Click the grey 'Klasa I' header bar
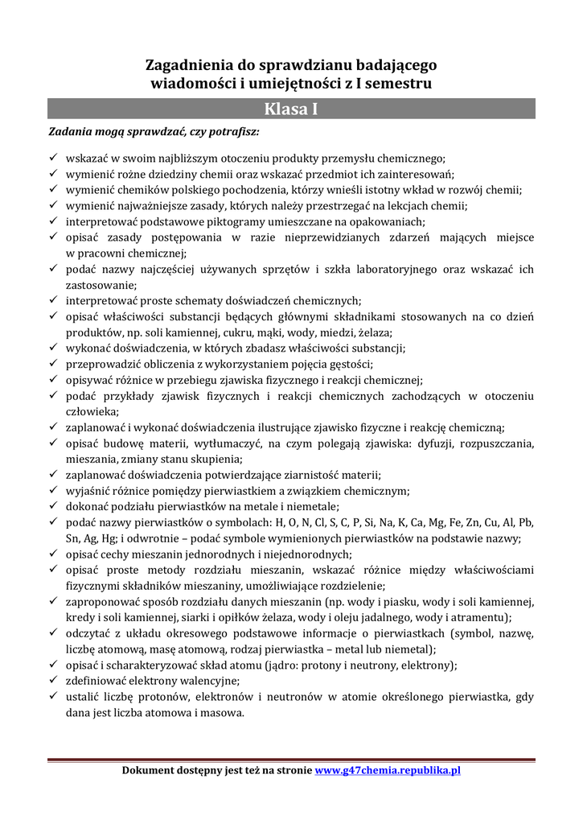(291, 109)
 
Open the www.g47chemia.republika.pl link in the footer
(388, 770)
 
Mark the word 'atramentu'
(481, 617)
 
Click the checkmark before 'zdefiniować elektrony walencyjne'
(53, 681)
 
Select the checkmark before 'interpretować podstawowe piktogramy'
(53, 221)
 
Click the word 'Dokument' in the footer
(150, 770)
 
